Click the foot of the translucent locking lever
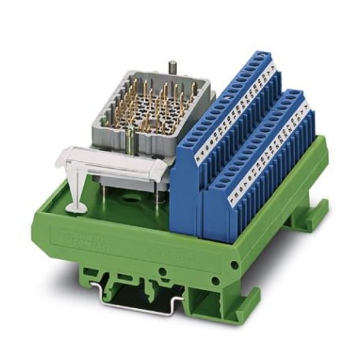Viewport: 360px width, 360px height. pyautogui.click(x=77, y=207)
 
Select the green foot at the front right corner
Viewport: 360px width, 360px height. pyautogui.click(x=236, y=303)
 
